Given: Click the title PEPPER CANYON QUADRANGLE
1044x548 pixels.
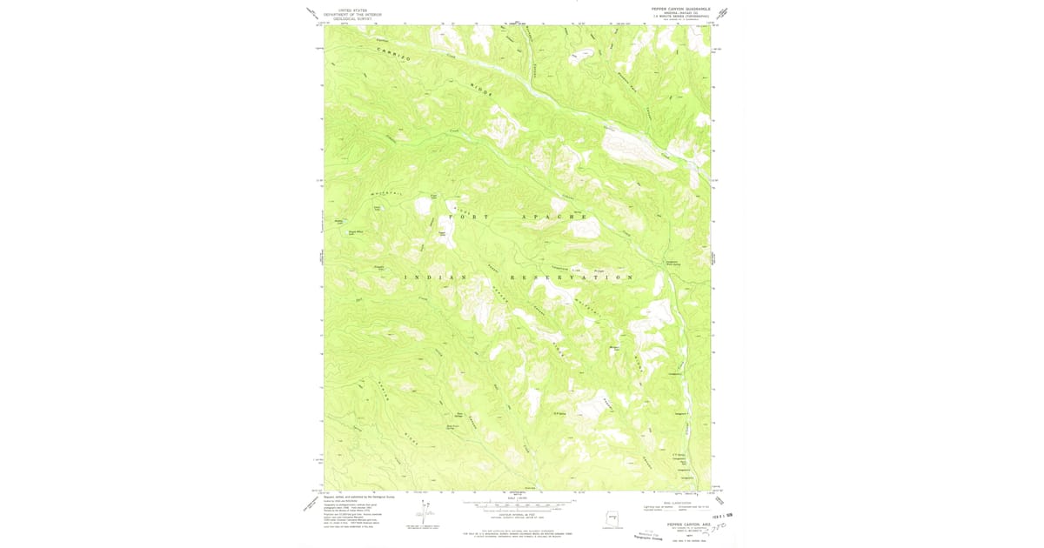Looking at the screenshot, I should pos(681,9).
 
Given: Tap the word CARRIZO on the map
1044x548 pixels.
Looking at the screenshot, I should pos(394,53).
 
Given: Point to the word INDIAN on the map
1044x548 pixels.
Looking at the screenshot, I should pos(436,277).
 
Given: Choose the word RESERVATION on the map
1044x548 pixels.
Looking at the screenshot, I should pos(571,277).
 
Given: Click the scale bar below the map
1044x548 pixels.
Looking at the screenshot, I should pos(519,505).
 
